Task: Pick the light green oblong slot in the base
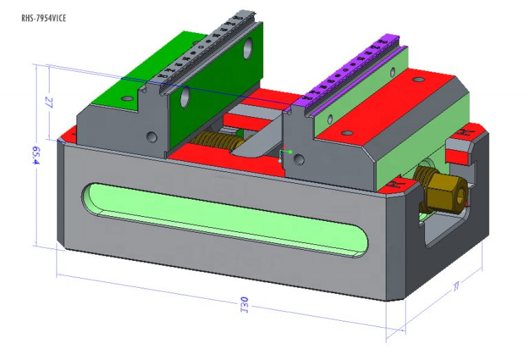(x=227, y=219)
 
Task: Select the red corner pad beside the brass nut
(x=397, y=185)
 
